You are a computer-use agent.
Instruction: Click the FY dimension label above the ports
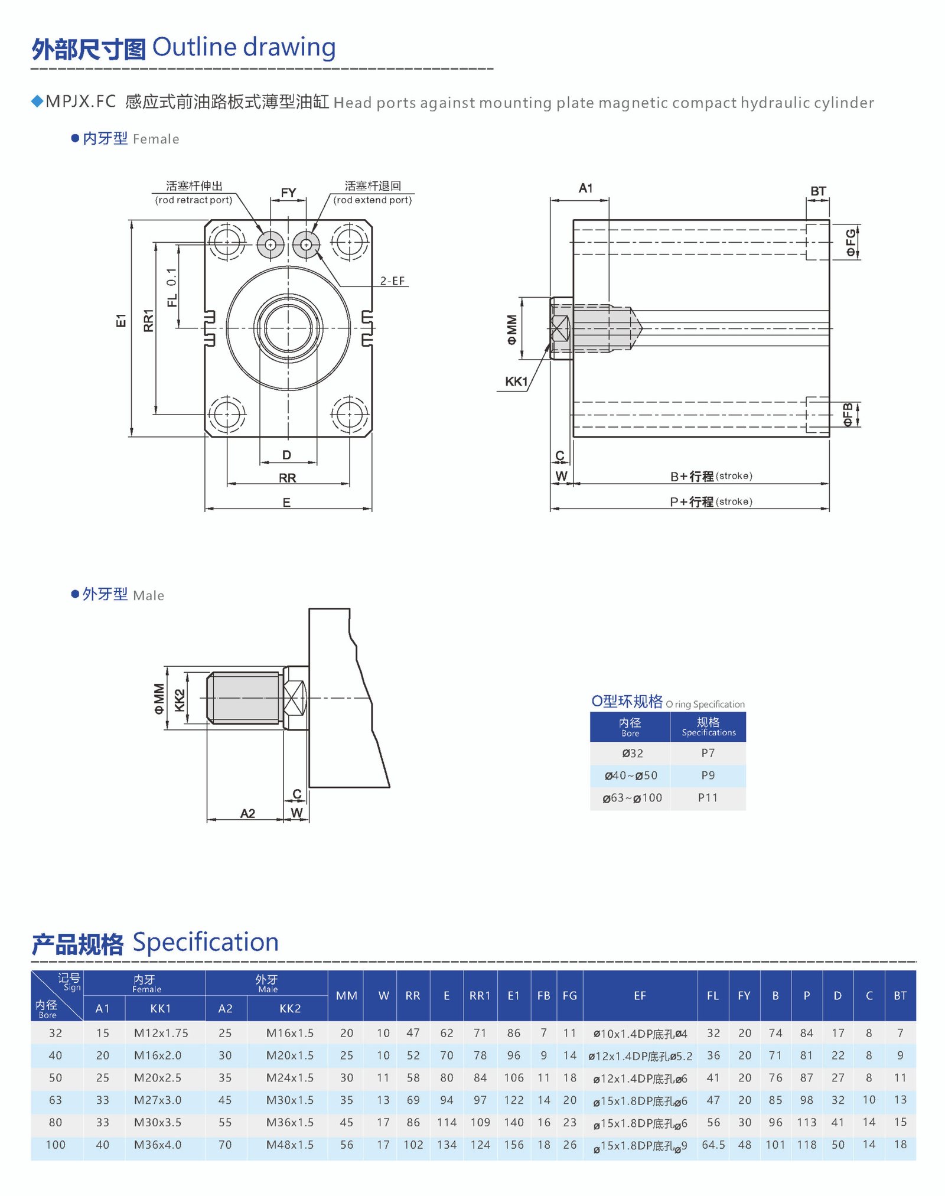(x=288, y=193)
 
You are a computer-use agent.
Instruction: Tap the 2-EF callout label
(x=392, y=281)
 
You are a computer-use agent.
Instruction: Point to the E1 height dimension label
(x=121, y=321)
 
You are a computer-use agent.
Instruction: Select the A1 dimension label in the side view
(x=585, y=188)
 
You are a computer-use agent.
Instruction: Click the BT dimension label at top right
(x=817, y=191)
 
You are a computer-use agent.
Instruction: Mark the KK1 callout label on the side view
(x=516, y=382)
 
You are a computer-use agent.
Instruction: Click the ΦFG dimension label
(x=850, y=243)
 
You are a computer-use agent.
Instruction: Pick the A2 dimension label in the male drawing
(x=247, y=813)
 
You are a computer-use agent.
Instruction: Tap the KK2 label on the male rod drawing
(x=180, y=700)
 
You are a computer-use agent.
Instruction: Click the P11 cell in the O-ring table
(x=708, y=798)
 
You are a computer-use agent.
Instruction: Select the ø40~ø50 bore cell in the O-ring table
(x=630, y=775)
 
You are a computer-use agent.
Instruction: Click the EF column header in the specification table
(x=640, y=996)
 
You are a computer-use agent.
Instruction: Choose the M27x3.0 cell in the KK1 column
(x=158, y=1100)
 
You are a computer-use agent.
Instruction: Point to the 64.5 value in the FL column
(x=713, y=1145)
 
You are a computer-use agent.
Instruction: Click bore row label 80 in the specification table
(x=56, y=1122)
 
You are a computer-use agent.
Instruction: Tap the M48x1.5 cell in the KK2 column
(x=289, y=1145)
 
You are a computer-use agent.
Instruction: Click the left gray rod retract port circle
(x=271, y=244)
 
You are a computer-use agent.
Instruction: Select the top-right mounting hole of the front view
(x=349, y=242)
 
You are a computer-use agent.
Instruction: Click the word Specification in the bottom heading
(x=206, y=942)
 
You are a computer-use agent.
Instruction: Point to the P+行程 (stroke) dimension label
(x=711, y=501)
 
